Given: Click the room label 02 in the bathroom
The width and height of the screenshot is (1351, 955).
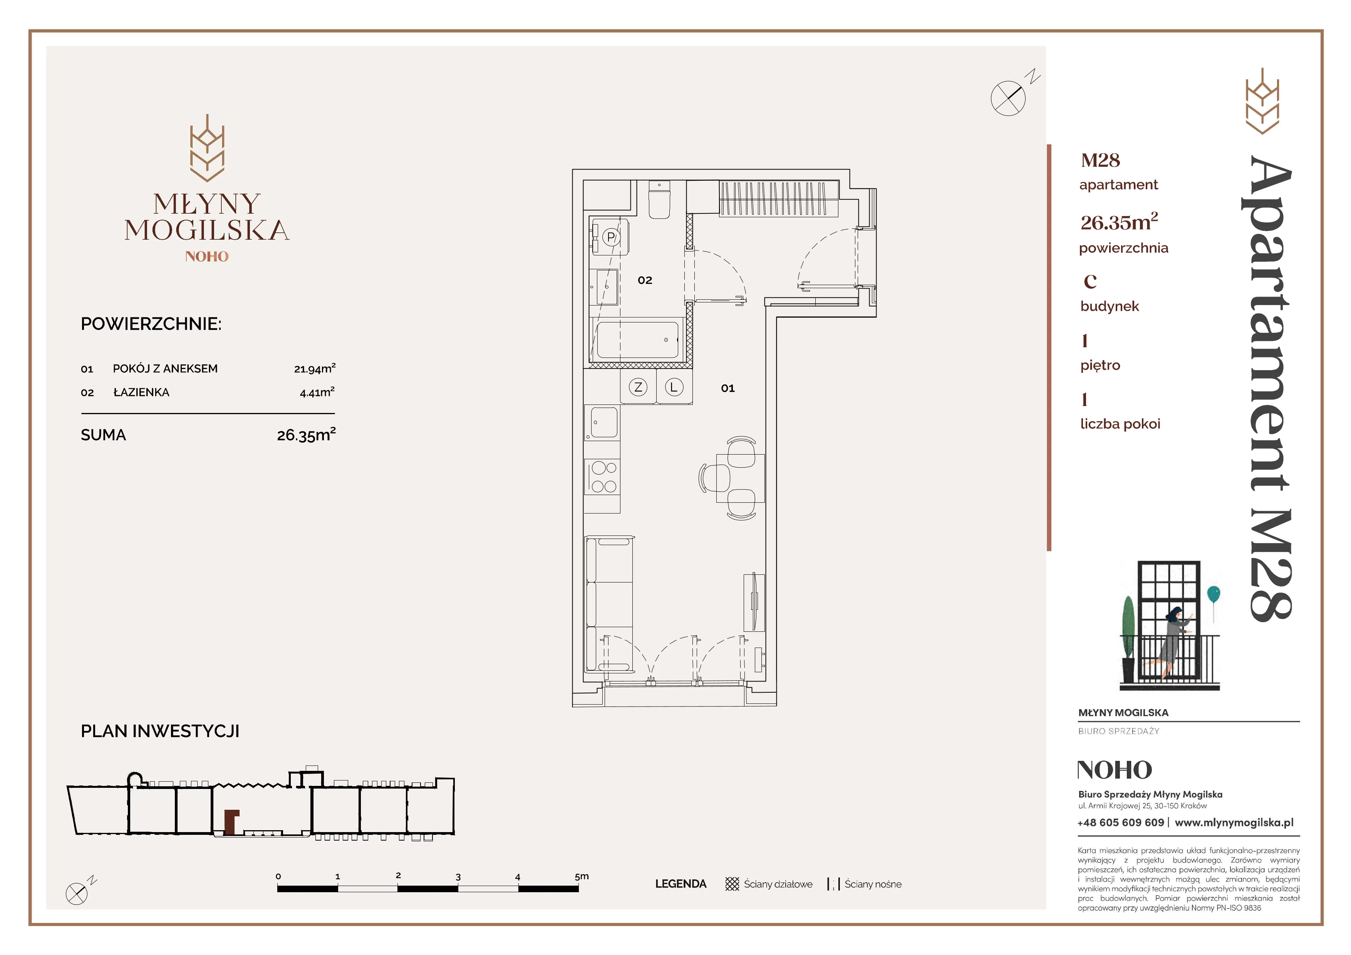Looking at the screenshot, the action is (x=645, y=280).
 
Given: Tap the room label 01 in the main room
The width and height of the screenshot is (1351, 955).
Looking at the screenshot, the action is (x=728, y=388).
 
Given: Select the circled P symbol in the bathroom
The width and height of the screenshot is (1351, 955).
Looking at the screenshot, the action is (x=611, y=237).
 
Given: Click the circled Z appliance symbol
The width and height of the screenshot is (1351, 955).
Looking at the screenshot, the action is (x=638, y=387).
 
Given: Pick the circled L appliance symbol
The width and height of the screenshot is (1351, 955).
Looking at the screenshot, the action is (x=674, y=387).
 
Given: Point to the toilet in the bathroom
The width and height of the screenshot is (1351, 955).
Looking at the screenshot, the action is (x=660, y=200).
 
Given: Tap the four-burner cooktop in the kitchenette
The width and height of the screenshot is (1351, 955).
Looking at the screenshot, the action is (x=603, y=477).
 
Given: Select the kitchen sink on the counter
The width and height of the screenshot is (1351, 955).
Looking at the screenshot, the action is (x=603, y=423).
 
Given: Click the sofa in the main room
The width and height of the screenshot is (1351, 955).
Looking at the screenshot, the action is (x=609, y=604).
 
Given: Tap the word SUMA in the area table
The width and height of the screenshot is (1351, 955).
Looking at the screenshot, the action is (x=104, y=435).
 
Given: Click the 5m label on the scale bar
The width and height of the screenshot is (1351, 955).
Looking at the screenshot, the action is (x=582, y=876).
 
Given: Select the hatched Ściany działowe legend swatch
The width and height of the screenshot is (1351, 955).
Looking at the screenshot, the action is (x=732, y=884).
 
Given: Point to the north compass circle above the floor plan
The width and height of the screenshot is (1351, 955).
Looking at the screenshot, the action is (x=1008, y=98).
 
